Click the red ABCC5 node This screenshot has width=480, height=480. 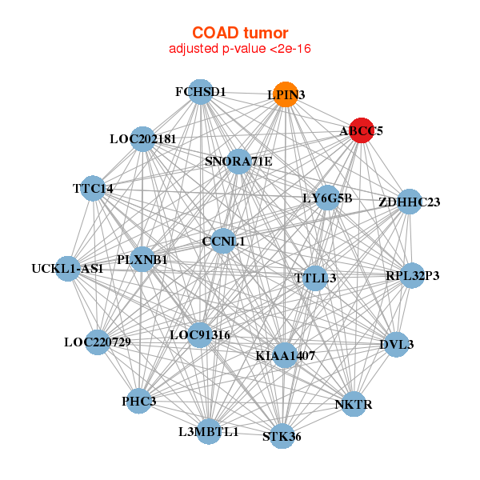tap(362, 130)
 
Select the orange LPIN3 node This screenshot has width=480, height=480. tap(286, 94)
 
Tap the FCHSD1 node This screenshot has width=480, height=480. tap(200, 92)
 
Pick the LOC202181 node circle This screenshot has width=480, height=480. tap(142, 139)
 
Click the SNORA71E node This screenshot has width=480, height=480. tap(238, 162)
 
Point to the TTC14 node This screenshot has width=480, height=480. tap(94, 188)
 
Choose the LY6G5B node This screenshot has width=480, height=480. tap(326, 198)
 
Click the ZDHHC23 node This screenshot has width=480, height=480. tap(409, 202)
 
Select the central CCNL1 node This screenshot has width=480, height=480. tap(223, 241)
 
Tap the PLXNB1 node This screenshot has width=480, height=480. tap(142, 259)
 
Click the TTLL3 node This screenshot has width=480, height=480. tap(316, 278)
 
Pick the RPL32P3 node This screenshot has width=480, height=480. tap(412, 276)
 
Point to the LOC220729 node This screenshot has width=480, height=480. tap(98, 342)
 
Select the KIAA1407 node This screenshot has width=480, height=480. tap(286, 354)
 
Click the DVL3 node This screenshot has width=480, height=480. tap(398, 345)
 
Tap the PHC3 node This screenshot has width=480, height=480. tap(140, 400)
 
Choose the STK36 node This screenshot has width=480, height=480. tap(282, 436)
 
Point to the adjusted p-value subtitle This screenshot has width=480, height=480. tap(240, 49)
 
